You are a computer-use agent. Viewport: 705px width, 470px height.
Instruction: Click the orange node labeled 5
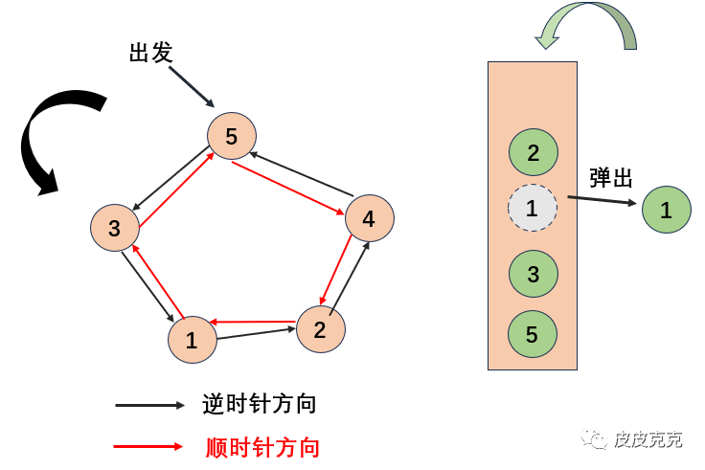[x=232, y=137]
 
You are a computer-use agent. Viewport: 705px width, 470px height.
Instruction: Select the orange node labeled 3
[x=115, y=228]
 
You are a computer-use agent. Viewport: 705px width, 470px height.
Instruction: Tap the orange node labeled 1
[x=192, y=340]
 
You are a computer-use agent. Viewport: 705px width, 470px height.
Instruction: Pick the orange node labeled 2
[x=320, y=329]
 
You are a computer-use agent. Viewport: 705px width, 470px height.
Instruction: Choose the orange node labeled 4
[x=369, y=220]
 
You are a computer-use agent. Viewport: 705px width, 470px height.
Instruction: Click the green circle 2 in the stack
[x=533, y=153]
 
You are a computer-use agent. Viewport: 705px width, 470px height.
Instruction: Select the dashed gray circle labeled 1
[x=533, y=209]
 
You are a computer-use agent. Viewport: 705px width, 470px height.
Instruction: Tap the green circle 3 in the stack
[x=533, y=275]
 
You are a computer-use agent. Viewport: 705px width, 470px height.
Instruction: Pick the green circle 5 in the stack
[x=533, y=334]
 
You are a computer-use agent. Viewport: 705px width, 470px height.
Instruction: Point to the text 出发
[x=150, y=53]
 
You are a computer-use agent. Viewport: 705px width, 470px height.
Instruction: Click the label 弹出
[x=611, y=177]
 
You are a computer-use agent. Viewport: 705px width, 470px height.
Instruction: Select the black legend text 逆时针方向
[x=260, y=405]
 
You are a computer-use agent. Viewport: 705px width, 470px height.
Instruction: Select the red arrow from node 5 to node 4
[x=288, y=187]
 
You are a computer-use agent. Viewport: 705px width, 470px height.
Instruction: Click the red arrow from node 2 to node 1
[x=253, y=323]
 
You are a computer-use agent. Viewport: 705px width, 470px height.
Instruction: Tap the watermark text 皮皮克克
[x=648, y=439]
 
